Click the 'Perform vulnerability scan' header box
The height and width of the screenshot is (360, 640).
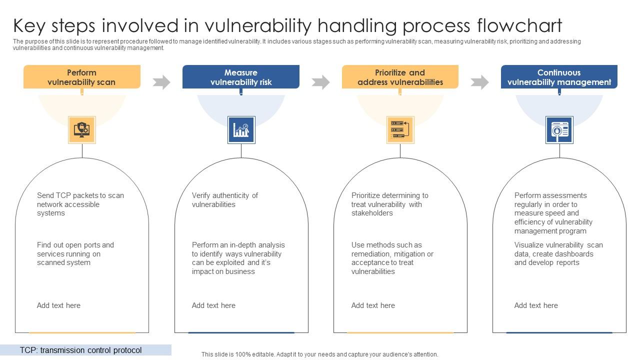(x=81, y=77)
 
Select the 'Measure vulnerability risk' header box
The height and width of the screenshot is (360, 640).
(x=240, y=77)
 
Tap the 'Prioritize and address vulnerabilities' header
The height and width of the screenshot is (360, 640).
(x=400, y=77)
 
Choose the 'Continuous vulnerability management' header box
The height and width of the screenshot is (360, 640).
(x=559, y=77)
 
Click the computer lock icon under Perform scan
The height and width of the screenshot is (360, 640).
(x=81, y=130)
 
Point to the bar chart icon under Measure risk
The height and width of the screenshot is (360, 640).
(x=241, y=130)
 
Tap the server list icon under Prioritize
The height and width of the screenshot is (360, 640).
(x=400, y=130)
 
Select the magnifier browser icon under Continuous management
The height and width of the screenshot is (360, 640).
(x=559, y=130)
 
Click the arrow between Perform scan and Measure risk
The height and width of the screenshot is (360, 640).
(x=161, y=82)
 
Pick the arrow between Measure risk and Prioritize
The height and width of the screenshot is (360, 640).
(x=320, y=82)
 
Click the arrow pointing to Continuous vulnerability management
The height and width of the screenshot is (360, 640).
(x=479, y=82)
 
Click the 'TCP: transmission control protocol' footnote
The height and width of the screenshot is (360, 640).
(x=81, y=350)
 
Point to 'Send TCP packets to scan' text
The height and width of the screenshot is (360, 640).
(x=80, y=195)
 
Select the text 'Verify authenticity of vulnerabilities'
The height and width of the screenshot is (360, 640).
(x=224, y=200)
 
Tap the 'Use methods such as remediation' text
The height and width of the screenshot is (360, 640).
(x=392, y=258)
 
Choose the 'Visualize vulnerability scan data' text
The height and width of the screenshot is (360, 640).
(x=558, y=254)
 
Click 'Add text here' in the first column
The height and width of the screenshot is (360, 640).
(x=58, y=305)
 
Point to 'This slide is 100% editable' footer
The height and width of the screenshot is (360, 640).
(x=319, y=354)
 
